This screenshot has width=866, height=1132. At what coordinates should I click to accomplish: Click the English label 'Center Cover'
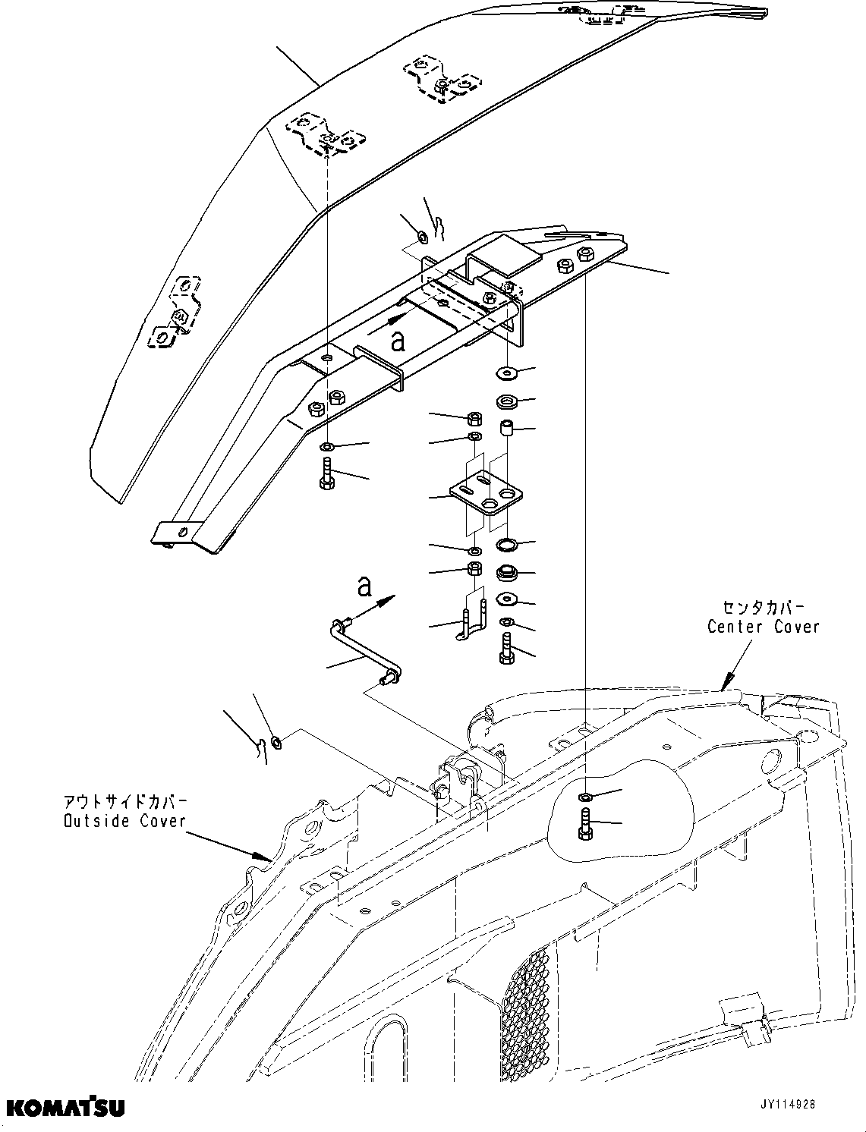point(763,627)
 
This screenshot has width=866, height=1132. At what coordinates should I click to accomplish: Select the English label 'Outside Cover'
point(124,821)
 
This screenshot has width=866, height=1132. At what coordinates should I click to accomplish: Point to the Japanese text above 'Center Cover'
point(763,608)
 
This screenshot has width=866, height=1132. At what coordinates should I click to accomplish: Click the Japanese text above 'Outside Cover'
point(125,802)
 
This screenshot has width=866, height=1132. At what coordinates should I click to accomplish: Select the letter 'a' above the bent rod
point(364,586)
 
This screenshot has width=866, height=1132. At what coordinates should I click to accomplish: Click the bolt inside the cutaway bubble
point(585,823)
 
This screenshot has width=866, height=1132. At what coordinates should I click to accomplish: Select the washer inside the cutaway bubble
point(584,797)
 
